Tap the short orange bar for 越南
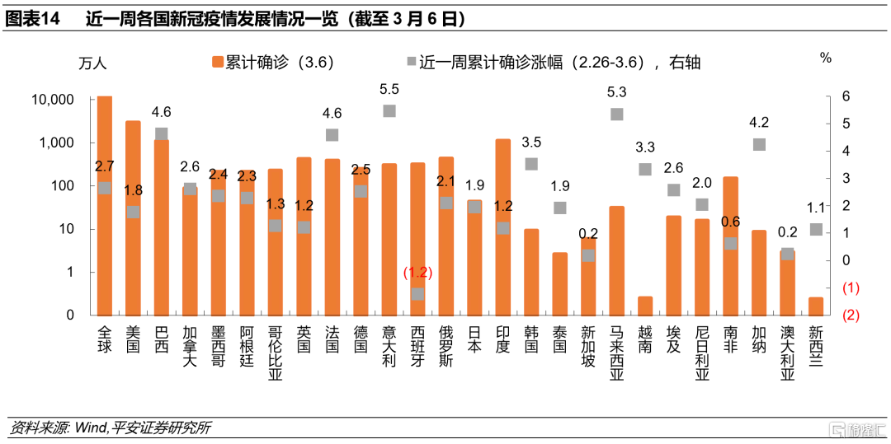645,306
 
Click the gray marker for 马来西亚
616,114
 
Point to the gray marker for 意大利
389,111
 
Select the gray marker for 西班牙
417,293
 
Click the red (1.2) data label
417,273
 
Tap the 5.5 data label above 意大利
389,89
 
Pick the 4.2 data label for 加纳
759,123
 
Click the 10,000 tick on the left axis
52,100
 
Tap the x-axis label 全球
104,341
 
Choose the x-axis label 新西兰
815,347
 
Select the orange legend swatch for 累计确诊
219,62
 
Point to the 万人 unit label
92,63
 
